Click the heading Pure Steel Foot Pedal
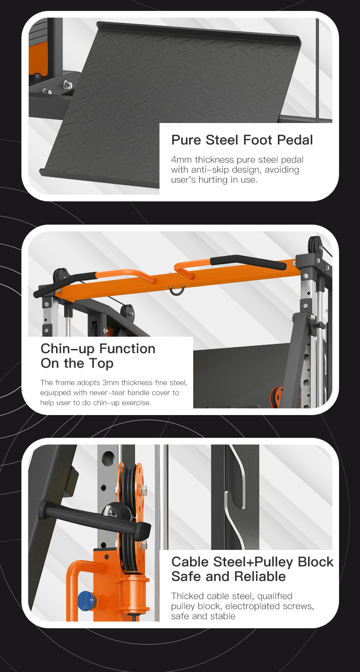tap(242, 140)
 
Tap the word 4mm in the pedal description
tap(182, 159)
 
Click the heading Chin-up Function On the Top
tap(98, 356)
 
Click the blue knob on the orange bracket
tap(86, 600)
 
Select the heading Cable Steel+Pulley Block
tap(252, 562)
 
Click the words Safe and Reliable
tap(229, 577)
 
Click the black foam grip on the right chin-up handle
tap(248, 262)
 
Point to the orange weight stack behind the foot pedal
tap(38, 57)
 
